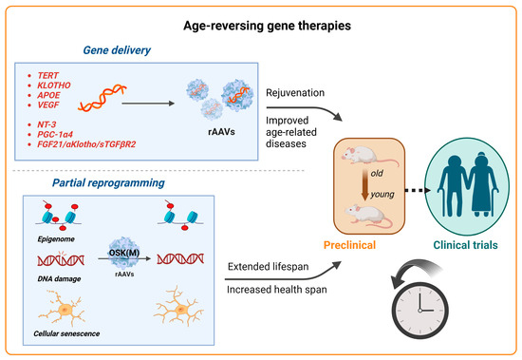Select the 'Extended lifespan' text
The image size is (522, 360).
(271, 269)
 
